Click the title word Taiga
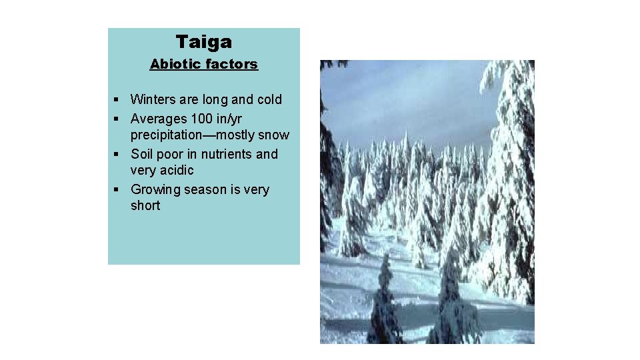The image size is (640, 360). click(x=204, y=42)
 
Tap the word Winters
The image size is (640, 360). click(x=155, y=100)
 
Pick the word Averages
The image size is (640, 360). click(x=159, y=119)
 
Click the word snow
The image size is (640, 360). click(x=273, y=135)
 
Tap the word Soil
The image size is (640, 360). click(x=143, y=154)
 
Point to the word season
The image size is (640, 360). click(x=205, y=190)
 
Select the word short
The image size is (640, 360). click(x=145, y=206)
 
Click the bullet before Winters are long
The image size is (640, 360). click(x=115, y=100)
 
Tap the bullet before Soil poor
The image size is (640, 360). click(x=115, y=155)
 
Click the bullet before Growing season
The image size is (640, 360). click(x=115, y=190)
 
